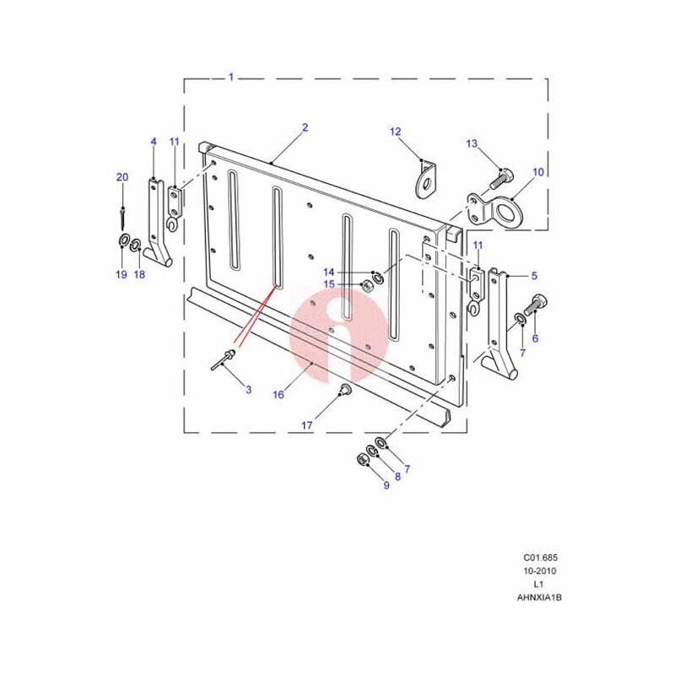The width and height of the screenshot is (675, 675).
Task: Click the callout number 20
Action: coord(122,177)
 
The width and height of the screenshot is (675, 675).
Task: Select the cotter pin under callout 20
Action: coord(123,219)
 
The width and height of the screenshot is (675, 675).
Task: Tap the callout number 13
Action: coord(472,143)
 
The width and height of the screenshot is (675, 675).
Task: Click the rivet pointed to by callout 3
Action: coord(223,360)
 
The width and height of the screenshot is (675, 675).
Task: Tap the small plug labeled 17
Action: coord(345,390)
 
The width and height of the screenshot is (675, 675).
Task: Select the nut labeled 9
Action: coord(363,460)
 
